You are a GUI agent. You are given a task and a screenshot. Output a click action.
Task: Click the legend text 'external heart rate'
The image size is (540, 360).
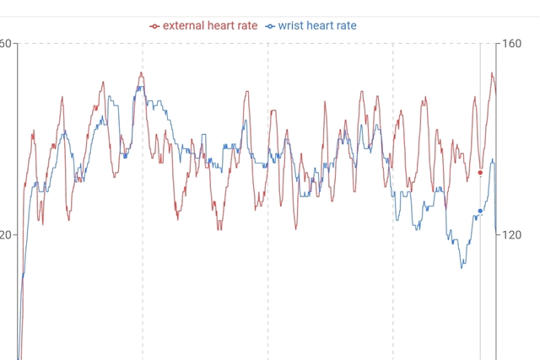210,26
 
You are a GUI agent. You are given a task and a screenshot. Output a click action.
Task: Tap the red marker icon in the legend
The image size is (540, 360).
154,26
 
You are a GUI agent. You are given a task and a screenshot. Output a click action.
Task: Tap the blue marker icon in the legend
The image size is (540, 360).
270,26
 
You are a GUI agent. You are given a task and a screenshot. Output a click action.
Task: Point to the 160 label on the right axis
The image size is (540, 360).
515,43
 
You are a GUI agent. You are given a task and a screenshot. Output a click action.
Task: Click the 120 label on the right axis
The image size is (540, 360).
515,235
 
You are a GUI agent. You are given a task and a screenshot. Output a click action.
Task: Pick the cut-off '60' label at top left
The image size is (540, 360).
5,43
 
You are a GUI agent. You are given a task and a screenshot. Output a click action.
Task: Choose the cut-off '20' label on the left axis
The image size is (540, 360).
5,235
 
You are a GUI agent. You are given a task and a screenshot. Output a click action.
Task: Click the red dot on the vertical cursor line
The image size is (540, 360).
480,173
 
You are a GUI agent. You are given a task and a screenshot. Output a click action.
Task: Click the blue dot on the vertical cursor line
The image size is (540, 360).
480,211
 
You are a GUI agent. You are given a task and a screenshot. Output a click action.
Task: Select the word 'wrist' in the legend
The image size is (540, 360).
292,26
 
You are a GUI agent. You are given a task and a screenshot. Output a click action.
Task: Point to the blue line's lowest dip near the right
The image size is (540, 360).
462,267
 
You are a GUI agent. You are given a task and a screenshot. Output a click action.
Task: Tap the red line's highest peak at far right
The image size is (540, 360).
492,73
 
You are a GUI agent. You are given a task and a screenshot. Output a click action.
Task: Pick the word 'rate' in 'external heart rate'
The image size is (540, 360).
246,26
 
